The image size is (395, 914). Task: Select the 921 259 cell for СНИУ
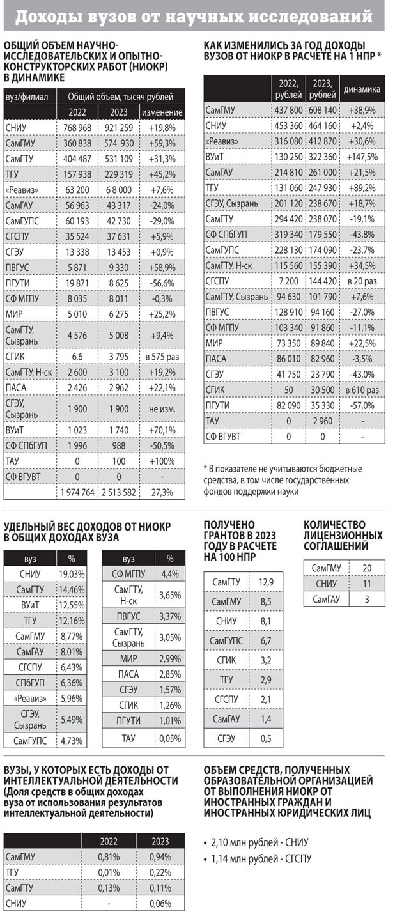pyautogui.click(x=116, y=128)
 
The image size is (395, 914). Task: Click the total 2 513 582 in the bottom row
pyautogui.click(x=116, y=492)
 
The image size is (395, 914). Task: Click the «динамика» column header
pyautogui.click(x=362, y=89)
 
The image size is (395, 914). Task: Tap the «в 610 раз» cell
pyautogui.click(x=362, y=389)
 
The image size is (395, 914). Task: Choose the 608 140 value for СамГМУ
pyautogui.click(x=323, y=110)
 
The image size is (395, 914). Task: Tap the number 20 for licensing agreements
pyautogui.click(x=367, y=568)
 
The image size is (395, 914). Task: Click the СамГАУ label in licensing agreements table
pyautogui.click(x=326, y=599)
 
